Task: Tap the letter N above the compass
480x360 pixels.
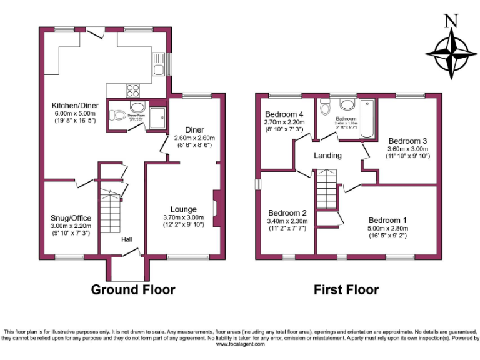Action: pos(450,21)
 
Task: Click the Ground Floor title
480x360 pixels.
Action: pos(133,289)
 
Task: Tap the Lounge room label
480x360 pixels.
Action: pos(183,209)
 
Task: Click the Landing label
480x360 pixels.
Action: pos(327,156)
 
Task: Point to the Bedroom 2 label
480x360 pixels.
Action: pos(286,212)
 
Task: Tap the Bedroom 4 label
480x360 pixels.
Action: pos(284,114)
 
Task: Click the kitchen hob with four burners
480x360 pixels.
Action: pos(134,89)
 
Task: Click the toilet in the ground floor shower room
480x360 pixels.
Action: pos(117,115)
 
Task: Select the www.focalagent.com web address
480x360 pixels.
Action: pos(240,344)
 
